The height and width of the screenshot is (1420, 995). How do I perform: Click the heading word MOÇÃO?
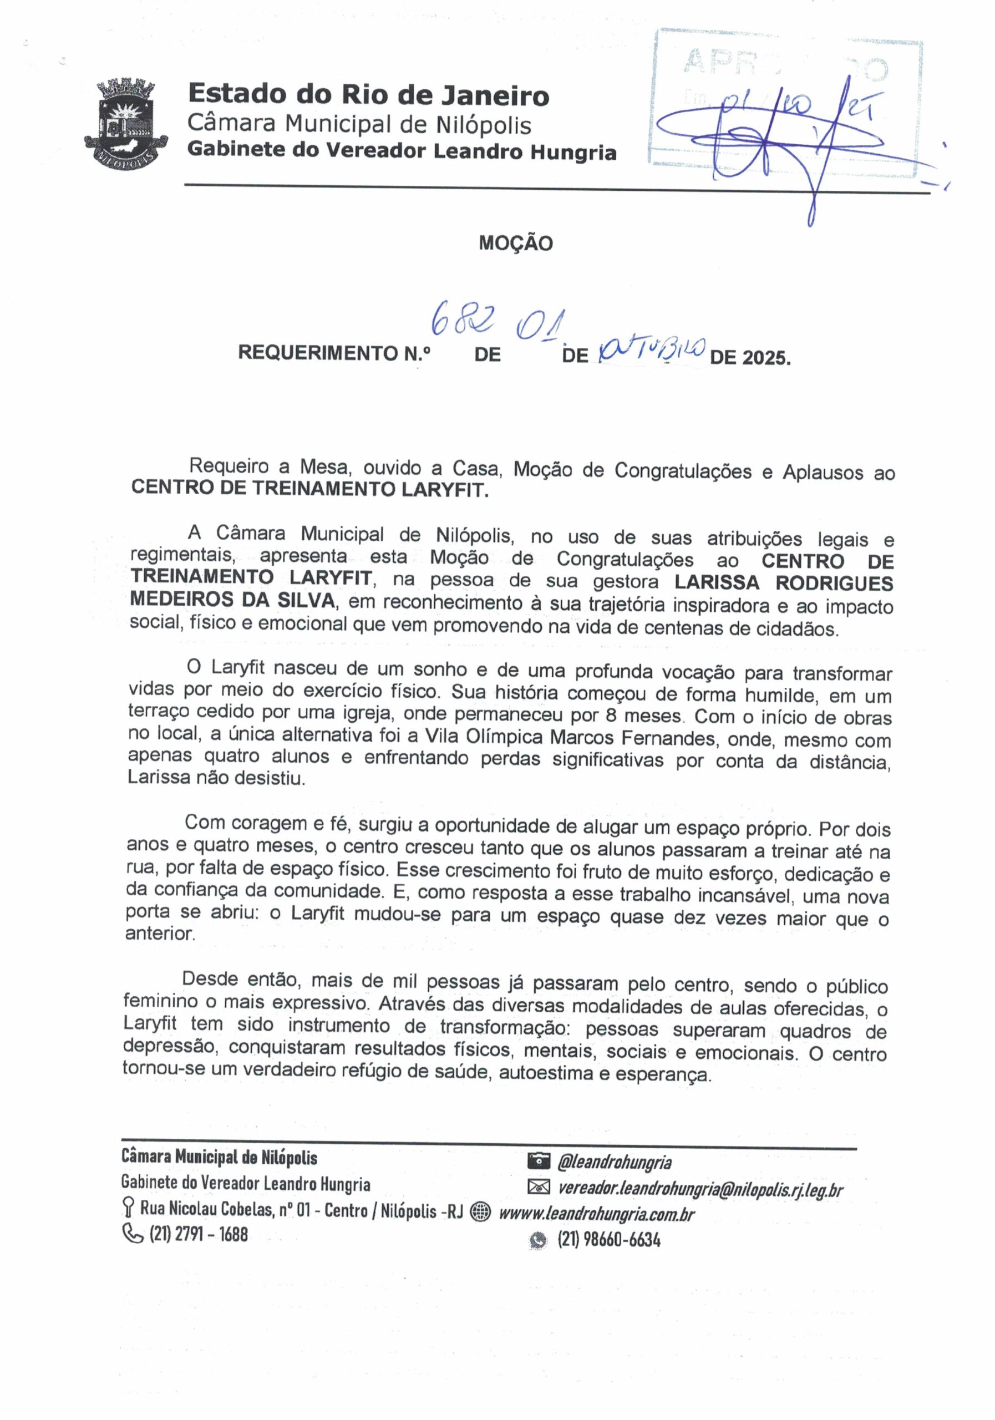[x=516, y=243]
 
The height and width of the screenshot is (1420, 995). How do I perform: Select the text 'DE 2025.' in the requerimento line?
[x=750, y=357]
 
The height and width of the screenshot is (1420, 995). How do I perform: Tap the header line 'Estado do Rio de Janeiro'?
[x=369, y=95]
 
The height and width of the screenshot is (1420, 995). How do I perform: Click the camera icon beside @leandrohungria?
[x=539, y=1161]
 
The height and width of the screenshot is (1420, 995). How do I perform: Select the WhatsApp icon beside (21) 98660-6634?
[x=539, y=1240]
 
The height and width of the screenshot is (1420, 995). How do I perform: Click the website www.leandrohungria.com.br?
[x=597, y=1214]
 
